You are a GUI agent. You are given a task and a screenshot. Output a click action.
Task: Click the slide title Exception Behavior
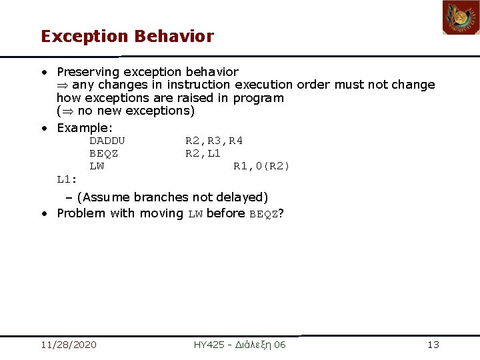point(127,36)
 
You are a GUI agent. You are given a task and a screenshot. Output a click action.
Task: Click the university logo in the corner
point(461,18)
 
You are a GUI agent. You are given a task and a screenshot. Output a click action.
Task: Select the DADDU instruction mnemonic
point(107,141)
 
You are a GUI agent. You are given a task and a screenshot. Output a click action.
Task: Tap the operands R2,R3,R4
point(213,141)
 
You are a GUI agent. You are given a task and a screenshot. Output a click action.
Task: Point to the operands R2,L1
point(203,153)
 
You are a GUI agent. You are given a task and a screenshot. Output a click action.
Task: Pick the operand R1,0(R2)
point(261,166)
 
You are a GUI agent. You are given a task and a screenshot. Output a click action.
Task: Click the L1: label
point(67,179)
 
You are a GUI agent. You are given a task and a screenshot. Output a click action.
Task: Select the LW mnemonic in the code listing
point(97,166)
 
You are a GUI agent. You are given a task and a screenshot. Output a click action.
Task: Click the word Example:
point(85,127)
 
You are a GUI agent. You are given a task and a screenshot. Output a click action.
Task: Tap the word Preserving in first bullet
point(88,71)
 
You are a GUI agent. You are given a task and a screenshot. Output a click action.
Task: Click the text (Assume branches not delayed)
point(172,197)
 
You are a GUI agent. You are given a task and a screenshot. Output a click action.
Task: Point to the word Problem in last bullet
point(81,213)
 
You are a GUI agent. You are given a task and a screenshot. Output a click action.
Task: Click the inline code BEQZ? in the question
point(266,214)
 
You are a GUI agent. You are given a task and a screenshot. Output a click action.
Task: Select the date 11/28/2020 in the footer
point(68,345)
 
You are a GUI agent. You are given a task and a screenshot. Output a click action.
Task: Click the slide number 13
point(433,345)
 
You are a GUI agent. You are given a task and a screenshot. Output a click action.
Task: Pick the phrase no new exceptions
point(136,111)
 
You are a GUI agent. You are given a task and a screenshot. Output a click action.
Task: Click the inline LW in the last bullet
point(195,214)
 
